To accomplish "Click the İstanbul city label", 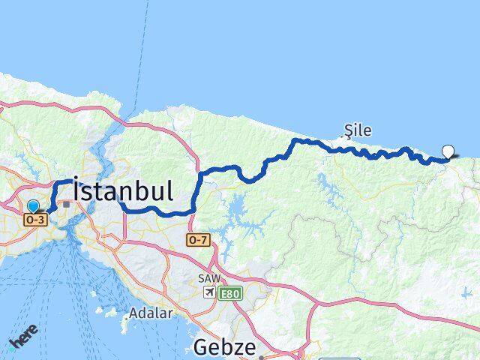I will click(x=124, y=190).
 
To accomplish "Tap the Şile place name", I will click(x=358, y=130).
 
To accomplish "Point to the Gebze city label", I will click(x=226, y=346).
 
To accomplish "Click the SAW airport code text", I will click(x=209, y=278).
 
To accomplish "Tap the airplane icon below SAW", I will click(x=209, y=292).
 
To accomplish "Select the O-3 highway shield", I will click(x=35, y=220).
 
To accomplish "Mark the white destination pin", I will click(x=448, y=151).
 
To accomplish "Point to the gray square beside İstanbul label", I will click(x=67, y=203).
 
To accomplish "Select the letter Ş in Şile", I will click(x=347, y=130).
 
